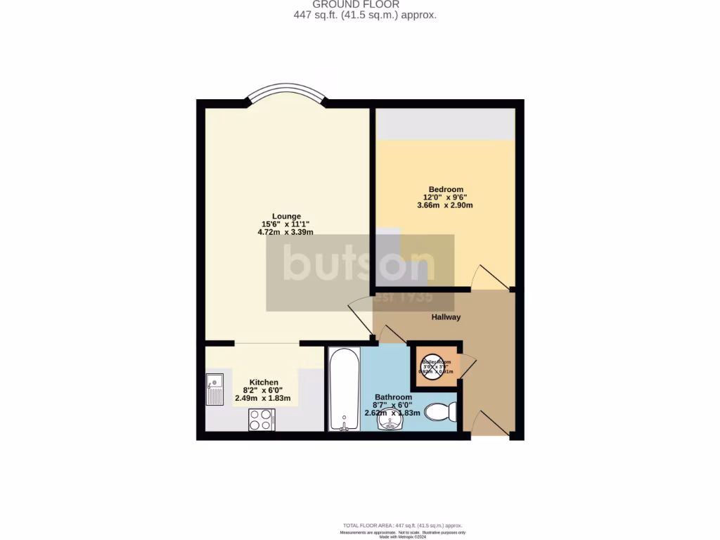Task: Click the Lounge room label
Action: coord(286,216)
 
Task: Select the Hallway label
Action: coord(446,317)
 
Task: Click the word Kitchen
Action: coord(263,382)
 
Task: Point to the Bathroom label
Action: coord(393,397)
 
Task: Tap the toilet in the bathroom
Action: coord(441,411)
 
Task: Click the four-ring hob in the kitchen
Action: coord(262,420)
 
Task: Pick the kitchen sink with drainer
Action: coord(214,390)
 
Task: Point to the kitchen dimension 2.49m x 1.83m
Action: coord(263,399)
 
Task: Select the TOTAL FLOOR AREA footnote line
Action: coord(401,525)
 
